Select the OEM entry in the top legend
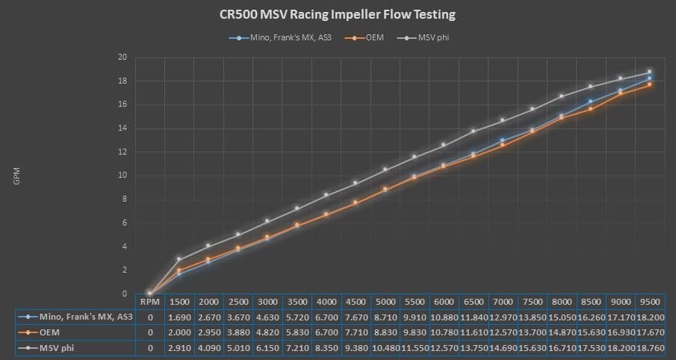click(375, 37)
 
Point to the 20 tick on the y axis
click(122, 58)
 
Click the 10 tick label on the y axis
click(122, 176)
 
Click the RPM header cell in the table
click(149, 302)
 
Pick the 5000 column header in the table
click(385, 302)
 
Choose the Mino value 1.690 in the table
click(179, 317)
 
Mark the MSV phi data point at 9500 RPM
click(650, 72)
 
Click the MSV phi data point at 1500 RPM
click(179, 258)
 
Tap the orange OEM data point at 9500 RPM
click(650, 84)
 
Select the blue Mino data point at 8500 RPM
click(591, 102)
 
